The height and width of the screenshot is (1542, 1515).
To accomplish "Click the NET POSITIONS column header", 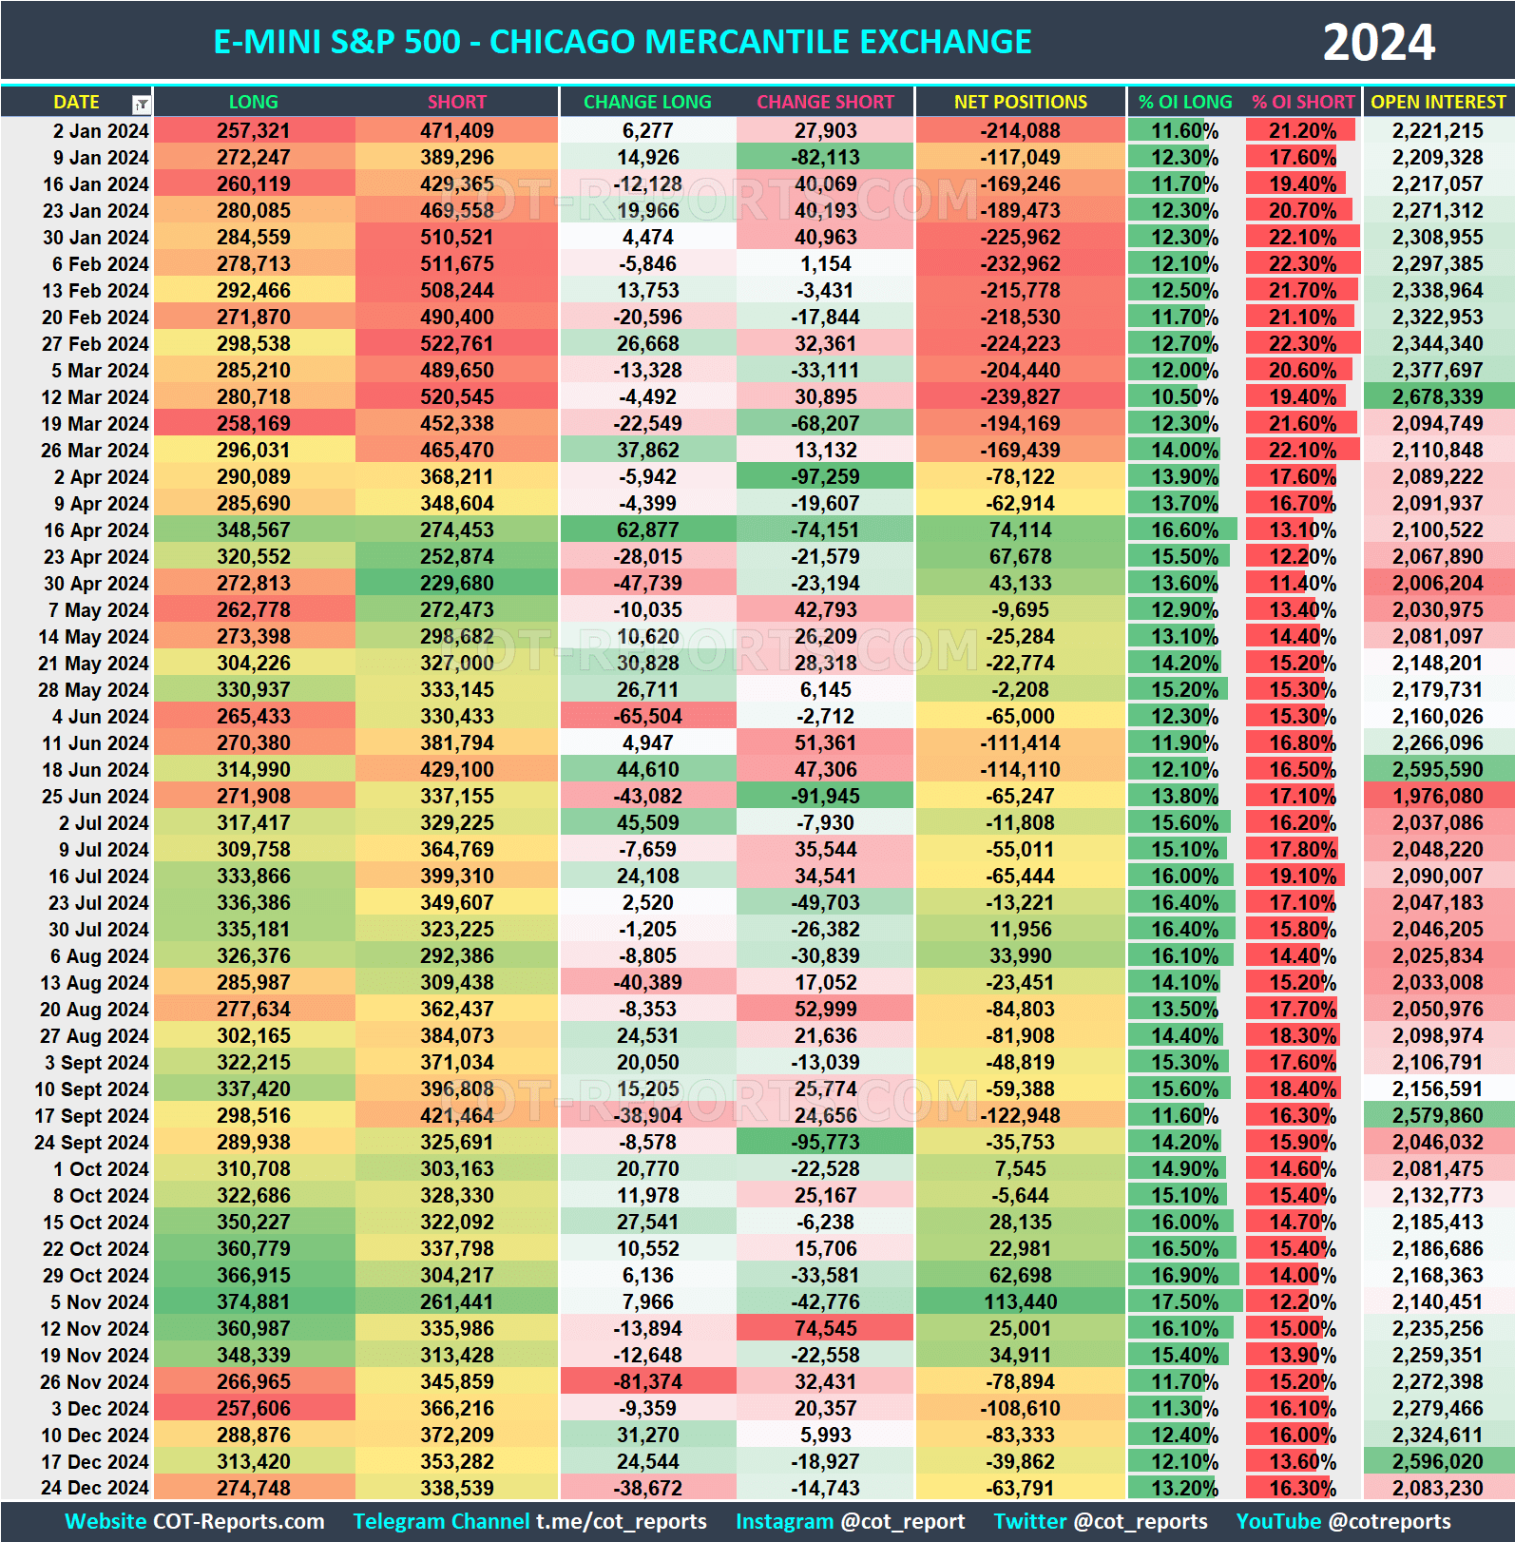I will [x=1020, y=102].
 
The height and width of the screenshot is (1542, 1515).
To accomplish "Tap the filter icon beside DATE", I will [x=141, y=104].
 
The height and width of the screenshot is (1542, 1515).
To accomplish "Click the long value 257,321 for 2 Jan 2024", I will [x=253, y=131].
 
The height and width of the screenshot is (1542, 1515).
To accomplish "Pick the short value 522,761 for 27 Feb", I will [x=456, y=344].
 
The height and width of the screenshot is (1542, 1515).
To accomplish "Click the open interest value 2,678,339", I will [x=1437, y=397].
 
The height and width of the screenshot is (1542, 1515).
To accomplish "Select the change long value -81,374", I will [x=647, y=1382].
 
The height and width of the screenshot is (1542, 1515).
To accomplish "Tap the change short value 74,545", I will [x=825, y=1329].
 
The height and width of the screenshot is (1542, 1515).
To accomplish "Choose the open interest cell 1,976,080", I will [x=1437, y=797].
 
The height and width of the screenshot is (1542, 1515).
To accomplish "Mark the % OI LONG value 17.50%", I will [x=1184, y=1302].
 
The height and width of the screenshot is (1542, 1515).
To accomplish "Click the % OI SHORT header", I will [x=1302, y=102].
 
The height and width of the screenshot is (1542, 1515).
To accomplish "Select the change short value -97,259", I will [x=825, y=477].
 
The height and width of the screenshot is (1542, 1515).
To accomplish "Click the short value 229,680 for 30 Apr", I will [x=456, y=584].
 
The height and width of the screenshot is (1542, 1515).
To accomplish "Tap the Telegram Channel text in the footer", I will [x=441, y=1522].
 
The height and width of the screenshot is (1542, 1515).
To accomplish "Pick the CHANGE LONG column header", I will [x=647, y=102].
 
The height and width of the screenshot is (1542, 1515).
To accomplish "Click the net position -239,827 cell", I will [x=1020, y=397].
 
